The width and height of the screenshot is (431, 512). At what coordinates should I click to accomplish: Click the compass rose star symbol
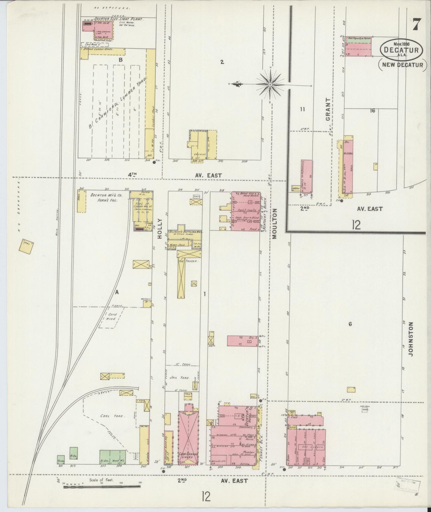click(270, 85)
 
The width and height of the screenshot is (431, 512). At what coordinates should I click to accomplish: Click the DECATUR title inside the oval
click(402, 49)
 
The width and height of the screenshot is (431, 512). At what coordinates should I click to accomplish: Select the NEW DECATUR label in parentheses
click(402, 65)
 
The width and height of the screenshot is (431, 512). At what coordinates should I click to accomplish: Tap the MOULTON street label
click(274, 223)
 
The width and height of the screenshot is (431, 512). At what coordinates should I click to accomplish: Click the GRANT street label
click(328, 109)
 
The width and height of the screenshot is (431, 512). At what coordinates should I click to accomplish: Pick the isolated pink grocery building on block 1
click(242, 341)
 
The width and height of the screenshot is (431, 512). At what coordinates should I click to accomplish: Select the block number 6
click(350, 324)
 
